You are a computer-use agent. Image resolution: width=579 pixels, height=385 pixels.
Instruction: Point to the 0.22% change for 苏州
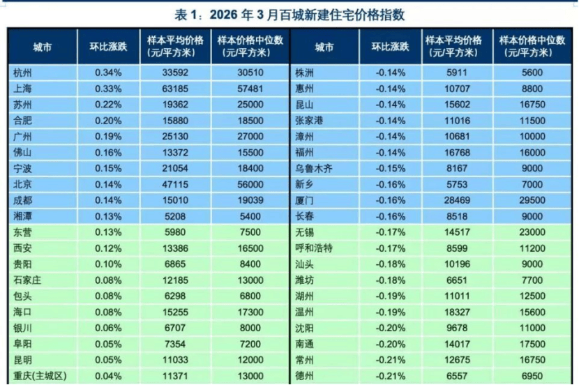(108, 105)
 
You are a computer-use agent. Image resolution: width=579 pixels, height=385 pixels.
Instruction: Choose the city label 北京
(22, 184)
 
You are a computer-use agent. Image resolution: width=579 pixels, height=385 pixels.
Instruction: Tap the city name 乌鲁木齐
(316, 168)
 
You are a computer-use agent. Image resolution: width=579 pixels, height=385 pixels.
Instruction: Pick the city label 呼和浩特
(316, 248)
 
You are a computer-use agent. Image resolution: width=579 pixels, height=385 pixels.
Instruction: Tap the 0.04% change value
(108, 377)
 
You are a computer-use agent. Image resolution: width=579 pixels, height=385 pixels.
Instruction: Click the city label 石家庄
(27, 280)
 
